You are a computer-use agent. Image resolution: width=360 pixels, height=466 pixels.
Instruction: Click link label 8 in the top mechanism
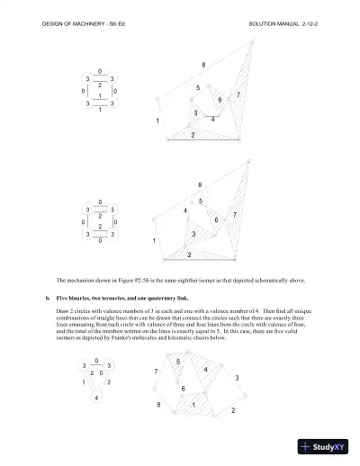click(x=203, y=65)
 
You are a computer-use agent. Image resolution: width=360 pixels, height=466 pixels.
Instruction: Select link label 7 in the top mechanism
click(x=238, y=94)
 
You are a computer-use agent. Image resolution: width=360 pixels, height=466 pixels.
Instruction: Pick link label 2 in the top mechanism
click(x=193, y=134)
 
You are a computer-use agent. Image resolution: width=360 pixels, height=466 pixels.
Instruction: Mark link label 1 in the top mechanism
click(x=157, y=121)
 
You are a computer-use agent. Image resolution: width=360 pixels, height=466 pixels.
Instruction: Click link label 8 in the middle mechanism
click(x=200, y=184)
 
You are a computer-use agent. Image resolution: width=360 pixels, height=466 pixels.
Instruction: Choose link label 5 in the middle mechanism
click(x=200, y=200)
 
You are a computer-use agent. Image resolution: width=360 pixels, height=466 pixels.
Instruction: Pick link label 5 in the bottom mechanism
click(x=178, y=362)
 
